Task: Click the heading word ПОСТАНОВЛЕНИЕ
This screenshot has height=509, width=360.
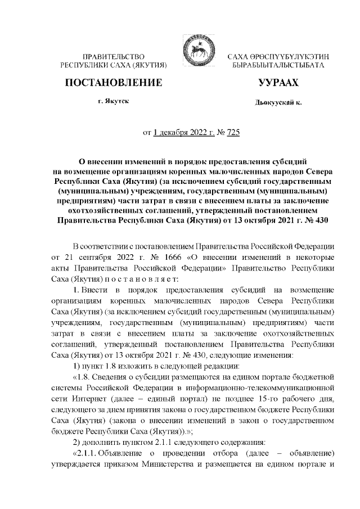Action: [x=114, y=83]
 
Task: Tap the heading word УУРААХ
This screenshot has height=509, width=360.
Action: [x=278, y=83]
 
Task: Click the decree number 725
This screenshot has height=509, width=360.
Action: [x=232, y=133]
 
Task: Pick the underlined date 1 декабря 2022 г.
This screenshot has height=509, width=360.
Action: [x=183, y=133]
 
